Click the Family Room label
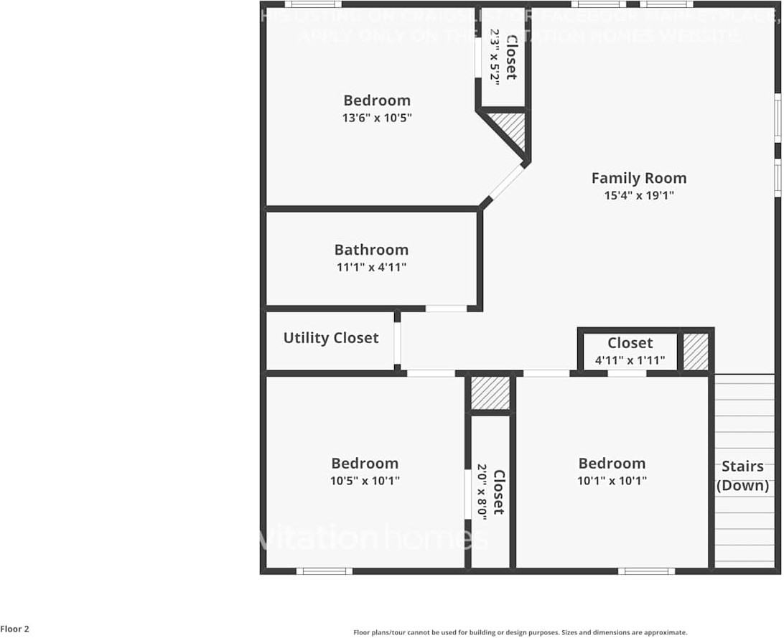(638, 178)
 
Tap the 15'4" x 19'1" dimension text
(638, 195)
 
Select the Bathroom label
(371, 250)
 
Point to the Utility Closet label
(330, 338)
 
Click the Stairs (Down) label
(742, 476)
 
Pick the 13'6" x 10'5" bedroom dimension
(376, 118)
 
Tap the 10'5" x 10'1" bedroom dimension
(365, 481)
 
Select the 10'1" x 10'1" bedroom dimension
(612, 481)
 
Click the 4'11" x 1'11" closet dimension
(630, 360)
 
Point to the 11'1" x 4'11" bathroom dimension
(371, 267)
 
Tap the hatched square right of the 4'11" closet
(695, 351)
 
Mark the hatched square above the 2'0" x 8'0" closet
(490, 393)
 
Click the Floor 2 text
(15, 629)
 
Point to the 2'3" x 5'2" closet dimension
(495, 57)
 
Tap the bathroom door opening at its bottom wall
(446, 309)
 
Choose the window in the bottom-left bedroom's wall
(324, 571)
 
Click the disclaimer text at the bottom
(520, 632)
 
